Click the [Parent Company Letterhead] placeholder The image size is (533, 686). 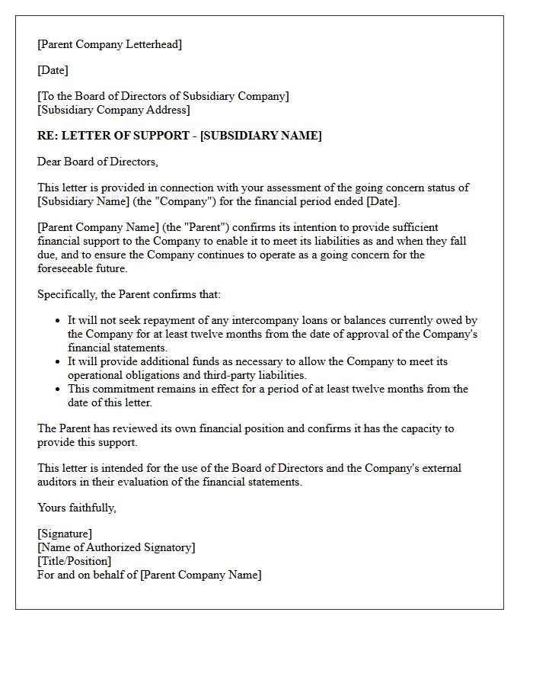pyautogui.click(x=110, y=44)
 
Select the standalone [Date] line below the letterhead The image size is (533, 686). pyautogui.click(x=53, y=70)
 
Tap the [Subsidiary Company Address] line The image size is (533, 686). pyautogui.click(x=113, y=110)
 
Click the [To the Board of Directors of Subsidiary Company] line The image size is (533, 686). pyautogui.click(x=163, y=96)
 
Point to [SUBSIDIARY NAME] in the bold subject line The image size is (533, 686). pyautogui.click(x=260, y=136)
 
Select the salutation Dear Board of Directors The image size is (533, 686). pyautogui.click(x=97, y=162)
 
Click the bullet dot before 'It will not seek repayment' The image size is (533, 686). pyautogui.click(x=58, y=321)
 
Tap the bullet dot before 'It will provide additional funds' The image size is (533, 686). pyautogui.click(x=58, y=362)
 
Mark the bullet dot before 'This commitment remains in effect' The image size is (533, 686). pyautogui.click(x=58, y=389)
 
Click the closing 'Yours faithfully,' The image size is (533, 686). pyautogui.click(x=76, y=508)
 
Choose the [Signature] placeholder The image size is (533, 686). pyautogui.click(x=65, y=534)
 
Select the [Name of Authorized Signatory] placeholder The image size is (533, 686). pyautogui.click(x=116, y=547)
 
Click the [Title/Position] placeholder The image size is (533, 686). pyautogui.click(x=74, y=561)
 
